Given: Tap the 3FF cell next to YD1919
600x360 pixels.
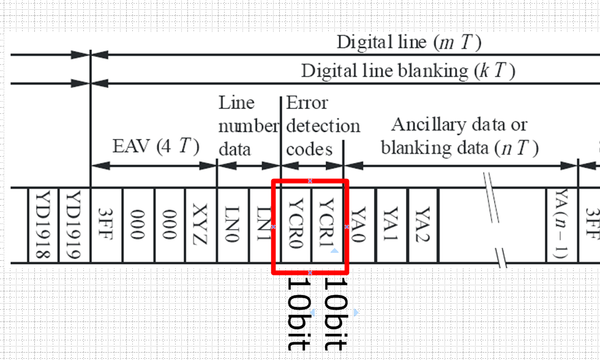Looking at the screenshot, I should point(107,225).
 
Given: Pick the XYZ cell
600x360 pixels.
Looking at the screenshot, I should point(201,225).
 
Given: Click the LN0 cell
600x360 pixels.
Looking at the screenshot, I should point(233,225).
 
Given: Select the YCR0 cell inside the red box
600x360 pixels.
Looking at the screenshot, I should point(296,225).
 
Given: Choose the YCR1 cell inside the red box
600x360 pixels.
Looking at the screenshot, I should point(328,225).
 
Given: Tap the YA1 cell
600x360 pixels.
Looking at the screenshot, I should point(391,225).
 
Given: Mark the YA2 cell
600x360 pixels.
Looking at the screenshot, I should point(423,225).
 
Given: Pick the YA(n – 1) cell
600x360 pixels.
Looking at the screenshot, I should point(561,225).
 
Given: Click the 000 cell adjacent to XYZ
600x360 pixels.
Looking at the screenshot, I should point(170,225).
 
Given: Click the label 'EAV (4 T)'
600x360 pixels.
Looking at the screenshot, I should point(156,148).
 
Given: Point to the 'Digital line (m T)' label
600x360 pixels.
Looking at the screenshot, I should point(409,42).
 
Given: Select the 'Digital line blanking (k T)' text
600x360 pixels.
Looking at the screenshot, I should point(408,71).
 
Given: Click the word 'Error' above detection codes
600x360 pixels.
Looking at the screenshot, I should point(307,103).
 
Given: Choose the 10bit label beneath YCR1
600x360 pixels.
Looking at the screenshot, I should point(335,313).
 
